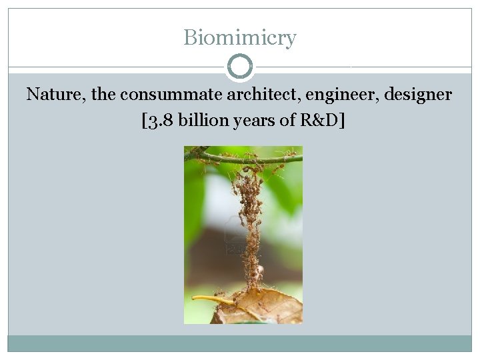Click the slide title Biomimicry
(x=239, y=38)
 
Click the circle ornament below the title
(x=240, y=67)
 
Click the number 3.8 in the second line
(x=159, y=121)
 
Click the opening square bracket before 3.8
(x=145, y=121)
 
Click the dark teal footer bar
(x=239, y=343)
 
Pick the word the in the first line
(x=104, y=95)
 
